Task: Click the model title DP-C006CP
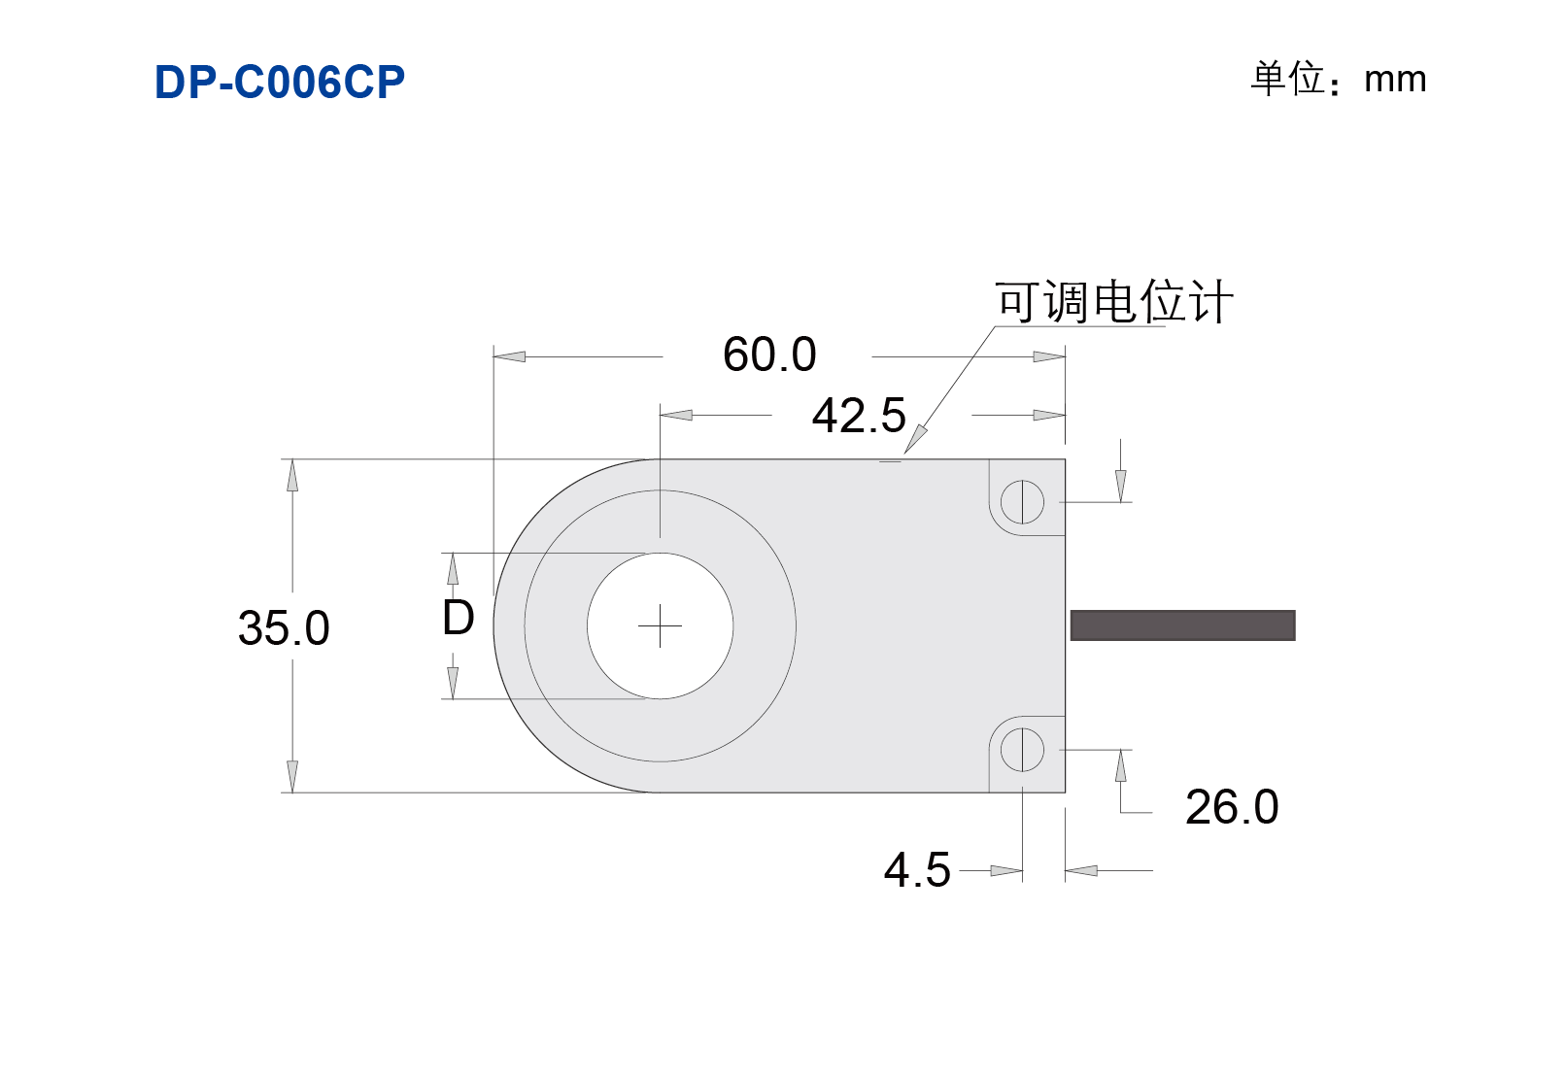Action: click(279, 82)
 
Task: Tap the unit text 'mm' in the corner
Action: click(1395, 81)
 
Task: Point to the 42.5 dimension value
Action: click(859, 416)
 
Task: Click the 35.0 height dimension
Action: click(284, 627)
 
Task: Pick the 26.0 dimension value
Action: click(1232, 807)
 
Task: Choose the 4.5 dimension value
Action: click(917, 870)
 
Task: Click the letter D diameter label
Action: click(459, 618)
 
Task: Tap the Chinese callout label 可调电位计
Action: click(1114, 302)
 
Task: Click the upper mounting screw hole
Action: click(1022, 502)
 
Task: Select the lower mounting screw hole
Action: click(1022, 750)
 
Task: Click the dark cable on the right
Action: click(1183, 624)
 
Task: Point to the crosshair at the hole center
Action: click(660, 625)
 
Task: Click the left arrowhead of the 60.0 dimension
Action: click(509, 356)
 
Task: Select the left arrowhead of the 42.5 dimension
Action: click(676, 416)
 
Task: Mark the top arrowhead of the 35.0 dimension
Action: click(292, 475)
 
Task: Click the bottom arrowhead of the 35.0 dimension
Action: click(292, 776)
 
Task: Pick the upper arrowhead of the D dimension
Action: click(453, 569)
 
